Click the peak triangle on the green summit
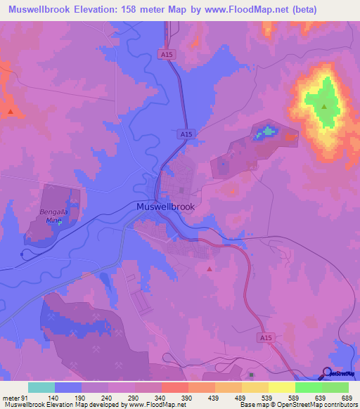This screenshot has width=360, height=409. pos(324,108)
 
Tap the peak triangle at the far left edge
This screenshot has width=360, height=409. pos(10,112)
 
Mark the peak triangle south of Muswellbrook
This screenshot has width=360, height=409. pos(209,268)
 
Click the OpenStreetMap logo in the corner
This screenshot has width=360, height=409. pos(340,373)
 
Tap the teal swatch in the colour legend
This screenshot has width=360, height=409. pos(41,387)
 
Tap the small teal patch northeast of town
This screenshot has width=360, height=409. pos(266,132)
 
